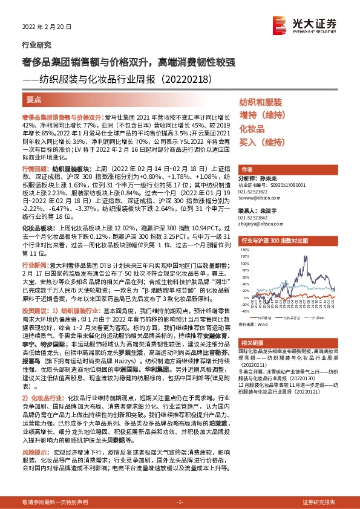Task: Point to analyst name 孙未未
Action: (266, 180)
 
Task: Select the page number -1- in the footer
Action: (179, 502)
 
